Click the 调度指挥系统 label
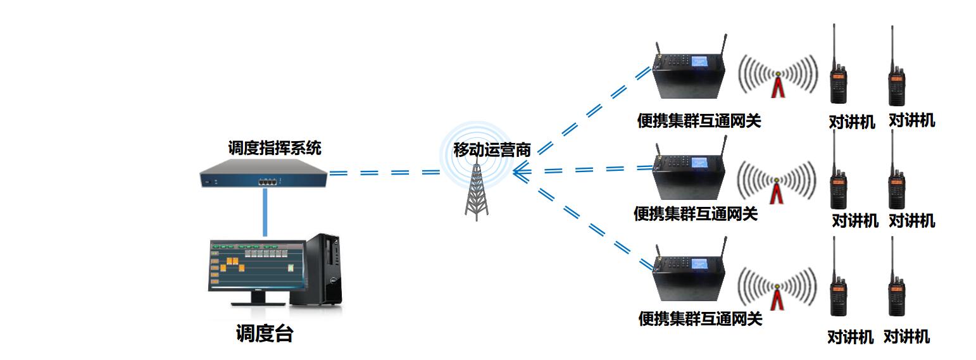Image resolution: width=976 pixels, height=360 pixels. point(275,148)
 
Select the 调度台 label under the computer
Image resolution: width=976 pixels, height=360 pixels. point(265,333)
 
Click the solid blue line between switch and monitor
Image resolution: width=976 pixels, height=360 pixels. point(265,213)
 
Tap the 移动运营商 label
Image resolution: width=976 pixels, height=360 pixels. point(492,150)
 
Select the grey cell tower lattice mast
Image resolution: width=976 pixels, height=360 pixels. point(477,193)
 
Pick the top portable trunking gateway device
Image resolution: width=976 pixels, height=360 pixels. point(690,73)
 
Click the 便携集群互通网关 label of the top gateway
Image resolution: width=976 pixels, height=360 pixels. point(699,120)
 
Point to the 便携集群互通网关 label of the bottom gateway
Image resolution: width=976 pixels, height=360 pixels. point(700,318)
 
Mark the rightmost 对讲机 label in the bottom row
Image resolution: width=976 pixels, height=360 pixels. point(906,337)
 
